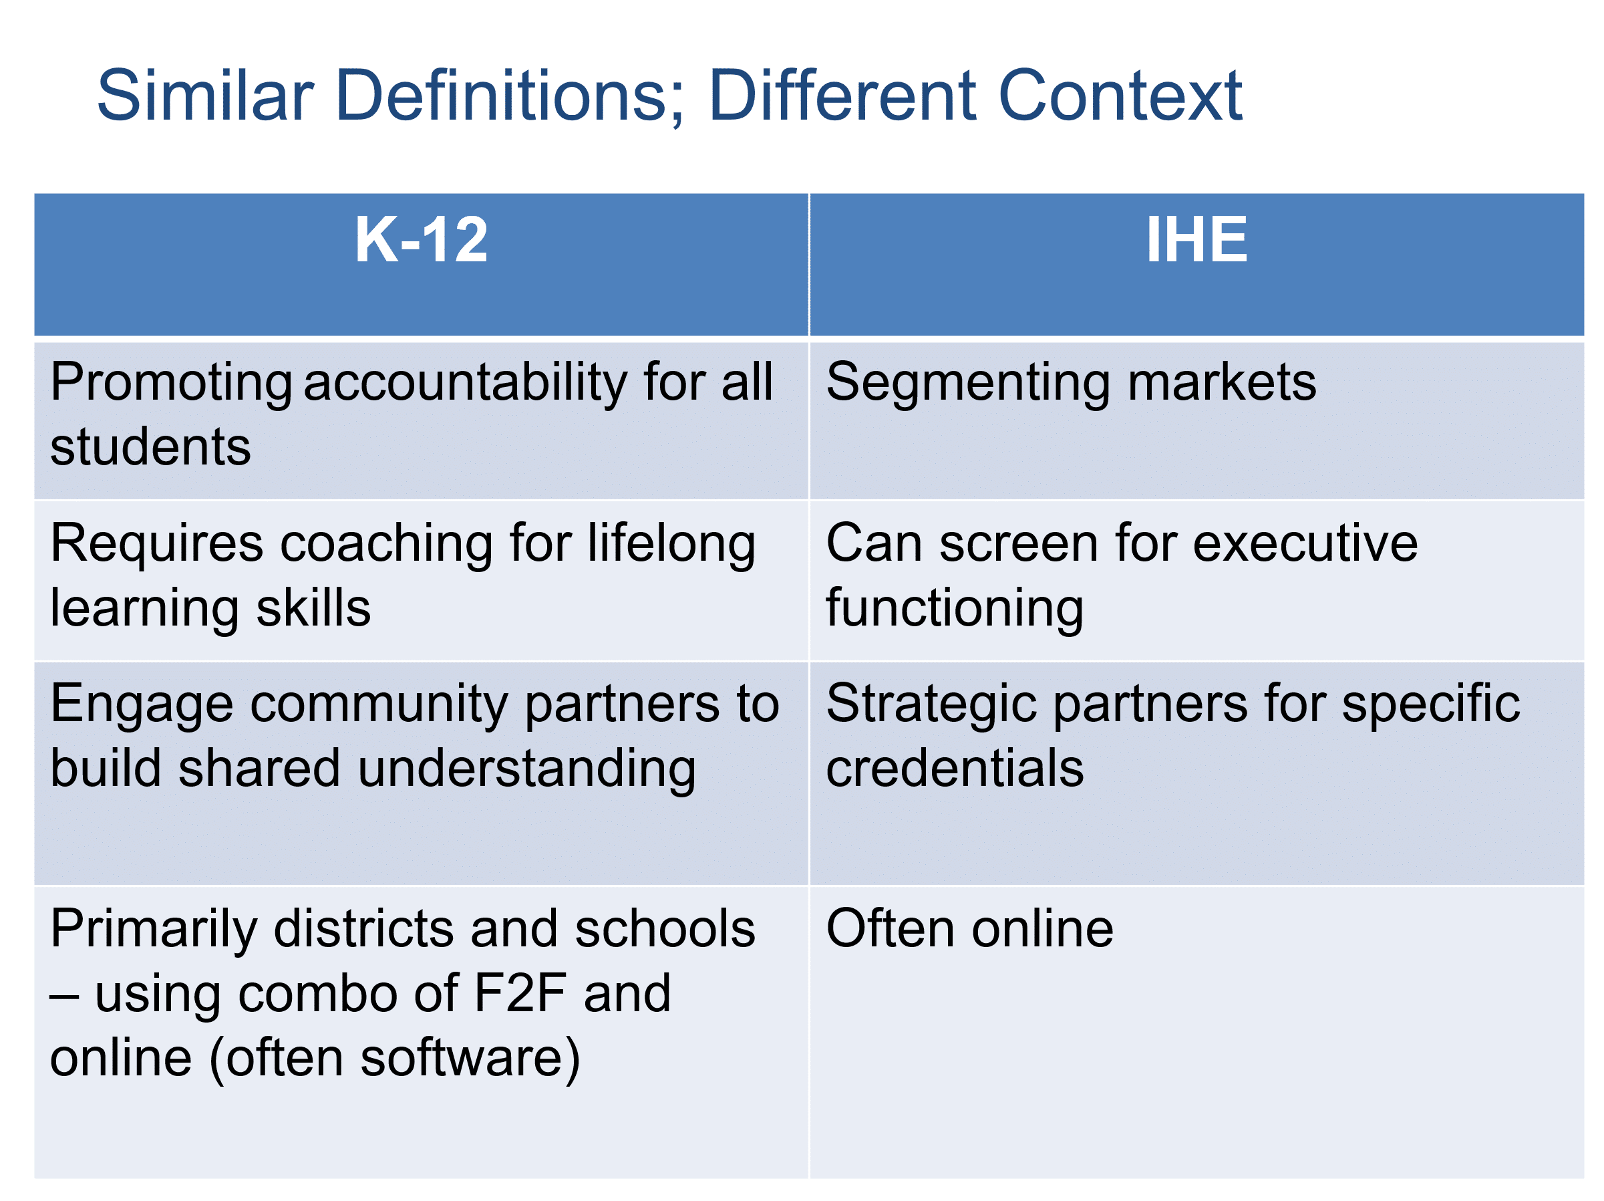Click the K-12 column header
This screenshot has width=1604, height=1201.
point(421,239)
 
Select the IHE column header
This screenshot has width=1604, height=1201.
point(1196,239)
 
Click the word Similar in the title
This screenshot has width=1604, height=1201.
point(205,95)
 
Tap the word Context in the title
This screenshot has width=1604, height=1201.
point(1120,95)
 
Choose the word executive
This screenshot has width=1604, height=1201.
point(1305,543)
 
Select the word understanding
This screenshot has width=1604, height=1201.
point(527,769)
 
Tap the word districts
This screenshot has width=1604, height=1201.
point(364,930)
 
